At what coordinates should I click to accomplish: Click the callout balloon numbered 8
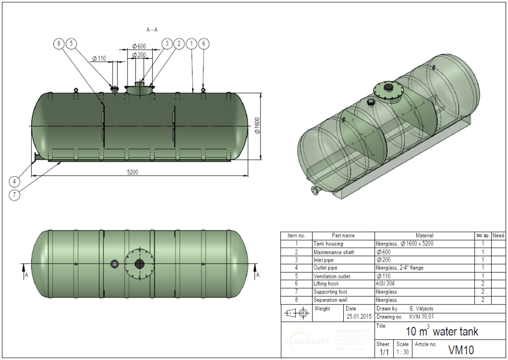(x=59, y=44)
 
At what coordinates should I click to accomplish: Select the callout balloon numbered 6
(x=203, y=44)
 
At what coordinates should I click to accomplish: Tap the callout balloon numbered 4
(x=15, y=181)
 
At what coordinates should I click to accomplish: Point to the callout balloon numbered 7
(x=15, y=195)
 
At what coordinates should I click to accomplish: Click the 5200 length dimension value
(x=132, y=172)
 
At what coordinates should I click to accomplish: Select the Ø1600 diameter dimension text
(x=257, y=126)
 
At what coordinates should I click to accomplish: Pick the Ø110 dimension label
(x=99, y=58)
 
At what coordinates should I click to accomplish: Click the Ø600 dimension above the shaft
(x=139, y=46)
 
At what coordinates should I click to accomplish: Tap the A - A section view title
(x=152, y=30)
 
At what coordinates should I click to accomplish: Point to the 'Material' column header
(x=424, y=235)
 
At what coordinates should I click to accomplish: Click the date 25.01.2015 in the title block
(x=359, y=316)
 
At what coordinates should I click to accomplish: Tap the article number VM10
(x=461, y=350)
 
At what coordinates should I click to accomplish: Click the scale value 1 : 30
(x=402, y=352)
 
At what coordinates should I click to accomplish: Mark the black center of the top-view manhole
(x=139, y=264)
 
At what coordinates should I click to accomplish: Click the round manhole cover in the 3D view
(x=389, y=90)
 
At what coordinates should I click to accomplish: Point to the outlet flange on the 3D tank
(x=315, y=192)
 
